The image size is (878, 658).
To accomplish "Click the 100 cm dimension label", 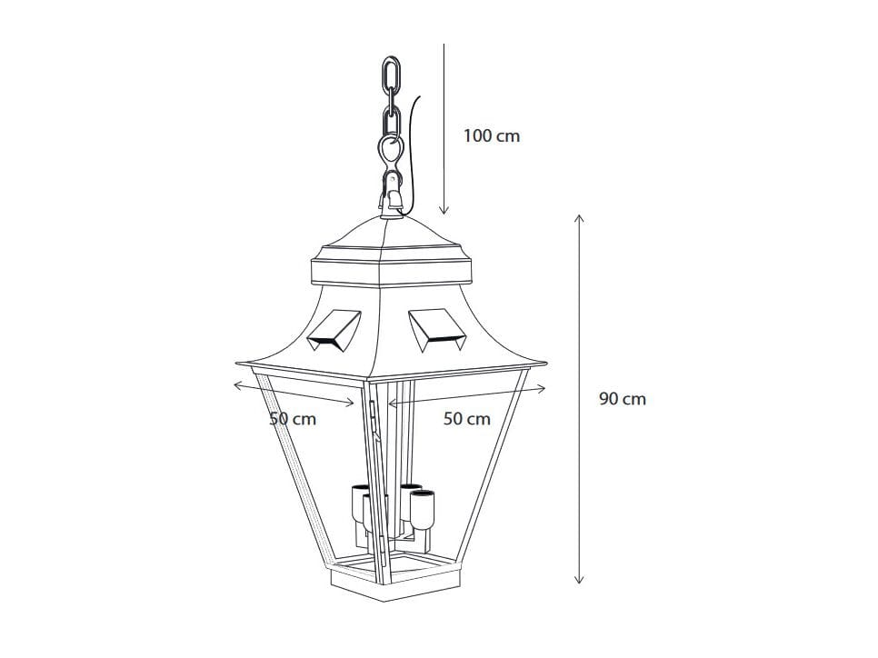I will [x=491, y=136].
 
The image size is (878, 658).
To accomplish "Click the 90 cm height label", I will [x=622, y=399].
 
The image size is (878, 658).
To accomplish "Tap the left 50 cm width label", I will [x=293, y=419].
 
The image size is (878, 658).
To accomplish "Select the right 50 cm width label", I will [x=466, y=419].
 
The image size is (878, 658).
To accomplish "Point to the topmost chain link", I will [x=393, y=75].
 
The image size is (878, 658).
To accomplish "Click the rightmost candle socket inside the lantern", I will [x=424, y=509].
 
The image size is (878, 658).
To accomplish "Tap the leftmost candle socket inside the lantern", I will [x=358, y=505].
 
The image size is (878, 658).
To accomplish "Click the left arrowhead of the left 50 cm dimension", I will [x=236, y=386].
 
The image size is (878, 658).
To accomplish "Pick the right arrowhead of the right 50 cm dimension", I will [x=543, y=388].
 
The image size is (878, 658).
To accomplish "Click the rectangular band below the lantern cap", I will [x=392, y=270].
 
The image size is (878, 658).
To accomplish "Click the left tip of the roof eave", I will [x=235, y=359].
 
